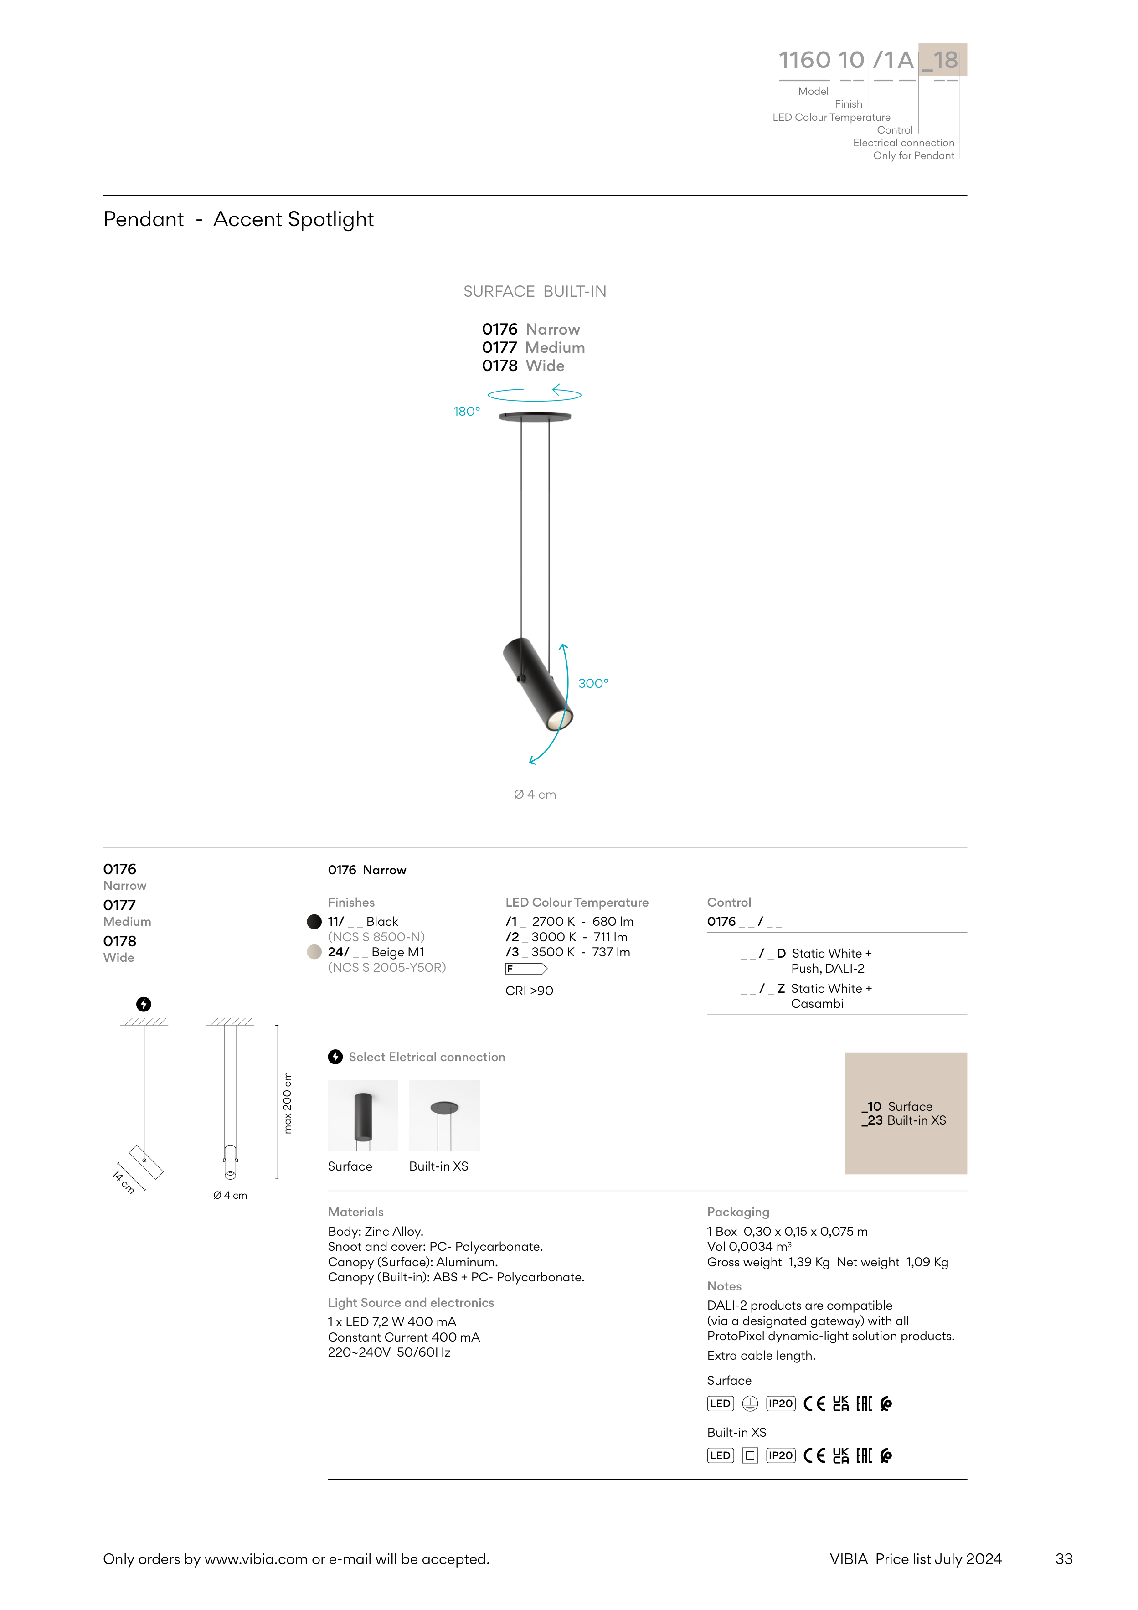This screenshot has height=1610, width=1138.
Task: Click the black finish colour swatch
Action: click(314, 921)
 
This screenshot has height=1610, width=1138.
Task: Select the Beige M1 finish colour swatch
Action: click(314, 952)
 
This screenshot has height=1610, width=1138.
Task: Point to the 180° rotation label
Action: click(466, 412)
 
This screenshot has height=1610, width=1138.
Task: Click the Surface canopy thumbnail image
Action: click(362, 1115)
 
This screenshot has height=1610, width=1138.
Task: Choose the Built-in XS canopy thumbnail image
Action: click(444, 1115)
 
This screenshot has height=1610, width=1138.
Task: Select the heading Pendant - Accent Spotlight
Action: click(238, 219)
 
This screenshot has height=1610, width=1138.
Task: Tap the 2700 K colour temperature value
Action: click(553, 921)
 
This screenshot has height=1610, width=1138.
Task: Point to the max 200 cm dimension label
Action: click(288, 1102)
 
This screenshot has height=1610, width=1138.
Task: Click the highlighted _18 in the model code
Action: click(943, 60)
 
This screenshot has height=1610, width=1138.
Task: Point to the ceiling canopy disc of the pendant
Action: click(535, 417)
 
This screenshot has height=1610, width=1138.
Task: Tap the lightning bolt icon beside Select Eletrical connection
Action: click(335, 1057)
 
